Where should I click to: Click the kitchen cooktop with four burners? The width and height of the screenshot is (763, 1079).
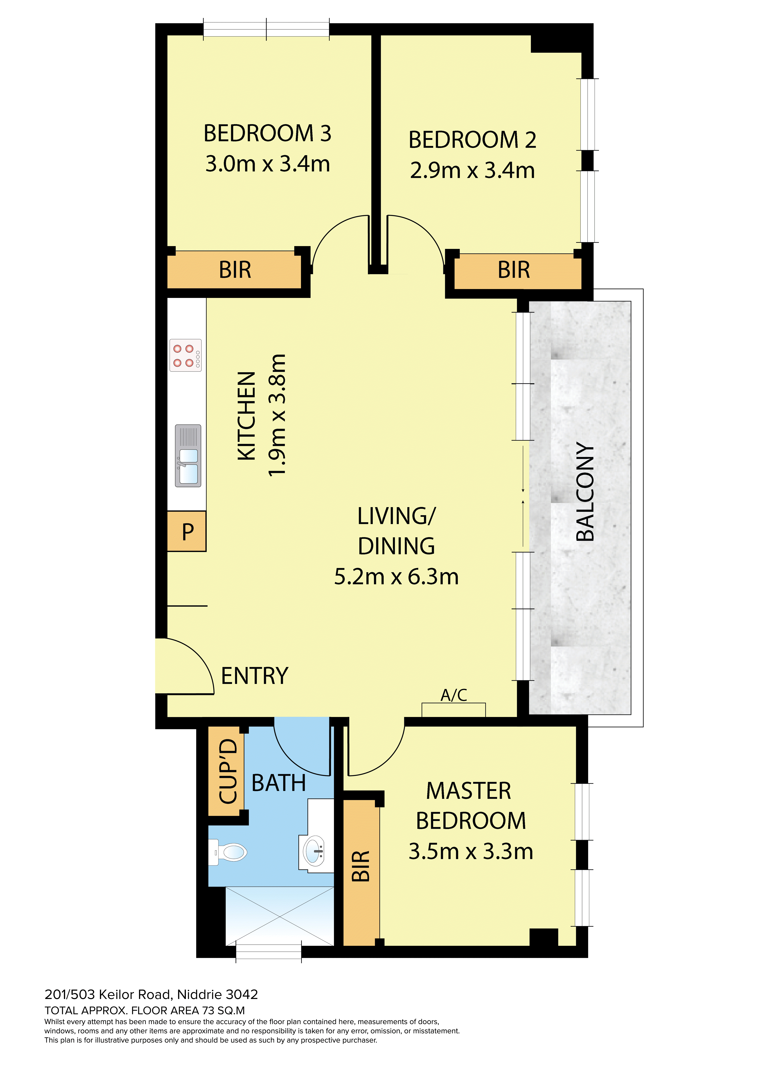tap(186, 355)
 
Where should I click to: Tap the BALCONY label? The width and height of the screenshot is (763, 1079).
tap(585, 492)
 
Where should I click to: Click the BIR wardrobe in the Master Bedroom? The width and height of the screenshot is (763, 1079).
tap(361, 873)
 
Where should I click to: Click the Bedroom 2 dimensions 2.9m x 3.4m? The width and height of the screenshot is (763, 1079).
tap(472, 170)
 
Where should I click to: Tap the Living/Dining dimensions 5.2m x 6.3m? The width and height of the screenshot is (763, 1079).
tap(396, 577)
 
